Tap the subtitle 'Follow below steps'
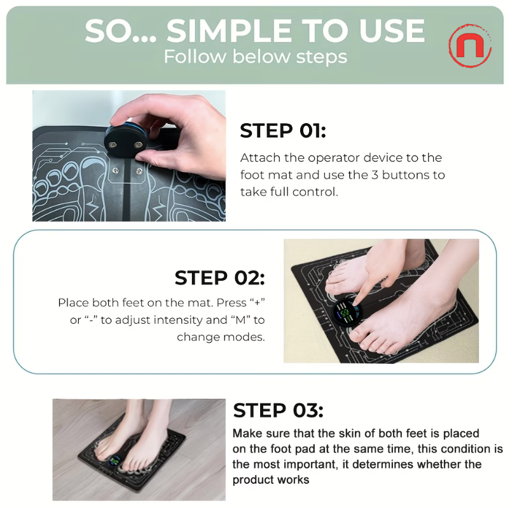(255, 57)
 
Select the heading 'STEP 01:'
(282, 131)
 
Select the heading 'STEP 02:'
(219, 278)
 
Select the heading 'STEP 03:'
(278, 410)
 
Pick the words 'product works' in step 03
(271, 479)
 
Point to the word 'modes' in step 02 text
(248, 337)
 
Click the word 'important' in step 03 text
(301, 464)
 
